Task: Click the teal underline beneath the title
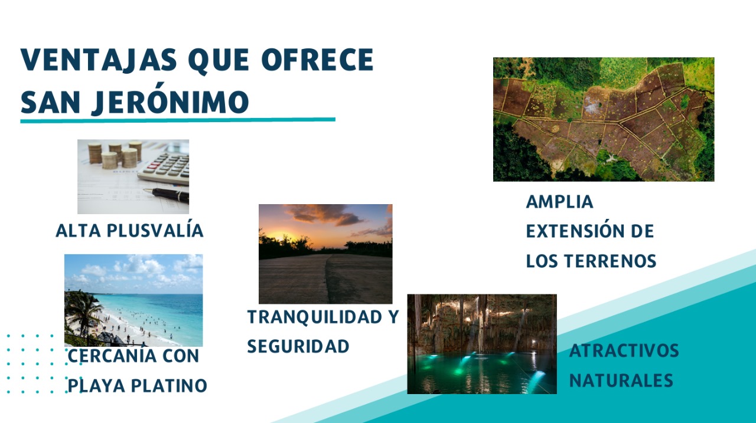point(177,120)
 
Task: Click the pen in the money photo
point(168,194)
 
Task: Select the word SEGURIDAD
point(298,346)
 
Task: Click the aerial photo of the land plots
point(603,119)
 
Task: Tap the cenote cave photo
point(481,344)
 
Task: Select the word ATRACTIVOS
point(624,351)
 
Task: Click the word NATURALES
point(621,381)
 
